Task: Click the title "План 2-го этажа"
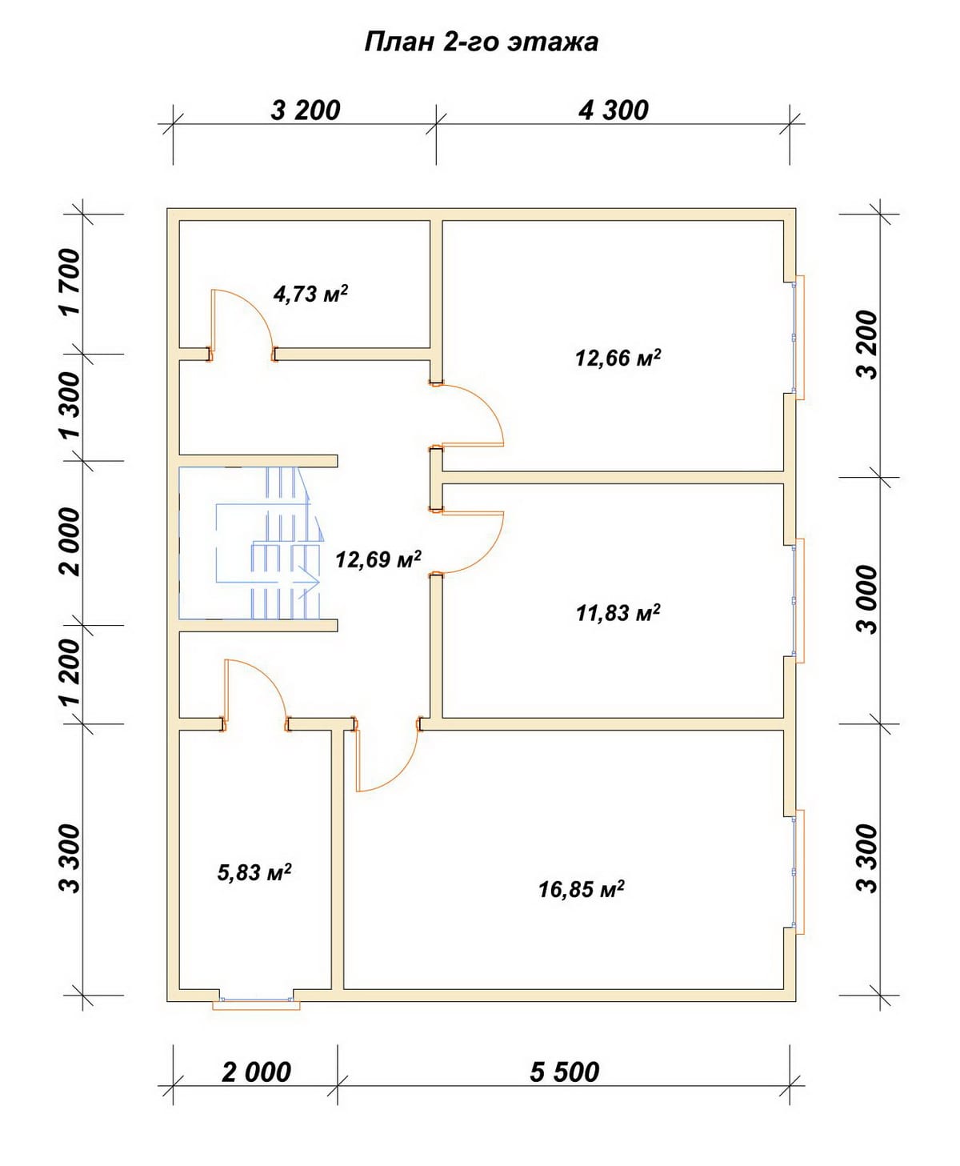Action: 481,42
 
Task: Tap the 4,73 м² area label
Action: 310,293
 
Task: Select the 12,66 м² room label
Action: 618,358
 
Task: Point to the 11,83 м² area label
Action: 618,612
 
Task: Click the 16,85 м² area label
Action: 581,889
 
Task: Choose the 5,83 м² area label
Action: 254,871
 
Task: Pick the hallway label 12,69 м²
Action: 378,559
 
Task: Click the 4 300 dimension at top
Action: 613,110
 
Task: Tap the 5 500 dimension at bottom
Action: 564,1072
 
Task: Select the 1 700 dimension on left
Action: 71,282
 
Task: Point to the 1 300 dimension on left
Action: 71,406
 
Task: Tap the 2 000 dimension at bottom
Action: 256,1072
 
